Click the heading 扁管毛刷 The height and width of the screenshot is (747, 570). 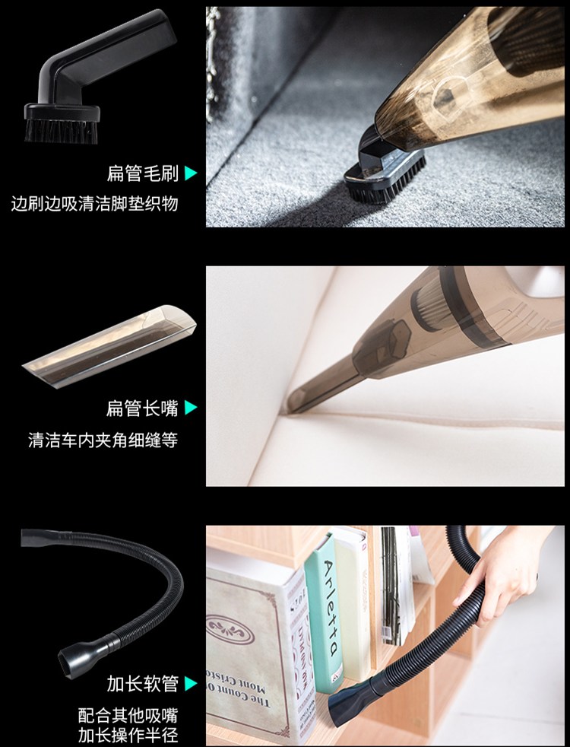pyautogui.click(x=142, y=173)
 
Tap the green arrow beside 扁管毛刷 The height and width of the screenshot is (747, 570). pyautogui.click(x=190, y=173)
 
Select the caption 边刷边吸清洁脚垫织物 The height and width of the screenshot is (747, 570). pyautogui.click(x=95, y=203)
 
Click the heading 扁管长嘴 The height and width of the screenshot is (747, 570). pyautogui.click(x=142, y=408)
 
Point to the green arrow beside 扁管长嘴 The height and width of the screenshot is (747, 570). pyautogui.click(x=190, y=407)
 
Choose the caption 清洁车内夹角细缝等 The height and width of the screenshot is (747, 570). pyautogui.click(x=103, y=439)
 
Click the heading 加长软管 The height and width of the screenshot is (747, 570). pyautogui.click(x=142, y=684)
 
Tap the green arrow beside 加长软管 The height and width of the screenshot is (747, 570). pyautogui.click(x=190, y=684)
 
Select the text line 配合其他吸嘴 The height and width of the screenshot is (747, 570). pyautogui.click(x=128, y=715)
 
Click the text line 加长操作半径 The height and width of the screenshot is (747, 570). pyautogui.click(x=128, y=735)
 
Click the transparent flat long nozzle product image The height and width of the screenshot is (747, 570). pyautogui.click(x=109, y=345)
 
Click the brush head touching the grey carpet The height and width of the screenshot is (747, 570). pyautogui.click(x=385, y=176)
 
